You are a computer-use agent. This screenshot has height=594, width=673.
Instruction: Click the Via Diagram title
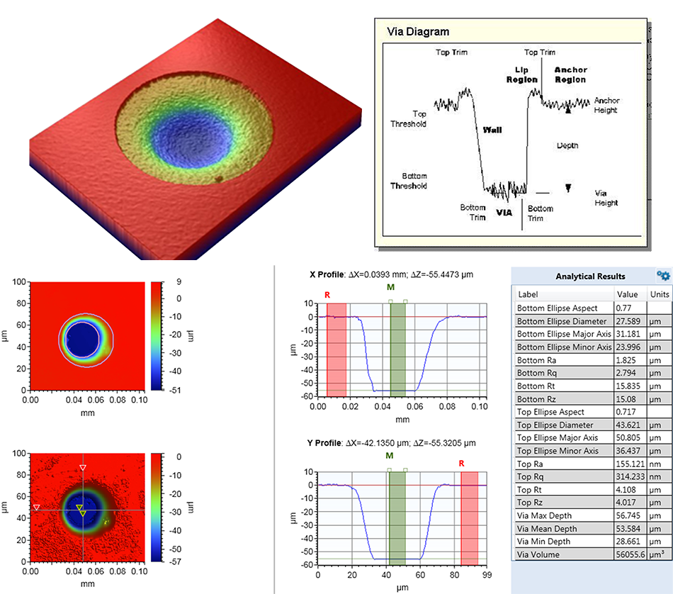click(x=418, y=32)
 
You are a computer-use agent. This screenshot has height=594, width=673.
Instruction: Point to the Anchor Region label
click(x=570, y=75)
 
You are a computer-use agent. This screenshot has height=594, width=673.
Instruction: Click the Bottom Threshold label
click(x=409, y=181)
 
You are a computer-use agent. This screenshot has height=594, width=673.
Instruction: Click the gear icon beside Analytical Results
click(x=663, y=275)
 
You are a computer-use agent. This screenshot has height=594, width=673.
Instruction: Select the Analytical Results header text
click(x=590, y=276)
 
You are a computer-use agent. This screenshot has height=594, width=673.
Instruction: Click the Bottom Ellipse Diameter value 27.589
click(x=631, y=321)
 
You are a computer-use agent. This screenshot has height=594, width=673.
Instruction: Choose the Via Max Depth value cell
click(x=631, y=516)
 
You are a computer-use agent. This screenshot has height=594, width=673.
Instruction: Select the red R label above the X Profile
click(x=327, y=294)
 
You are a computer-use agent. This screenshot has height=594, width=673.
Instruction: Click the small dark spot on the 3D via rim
click(x=220, y=180)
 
